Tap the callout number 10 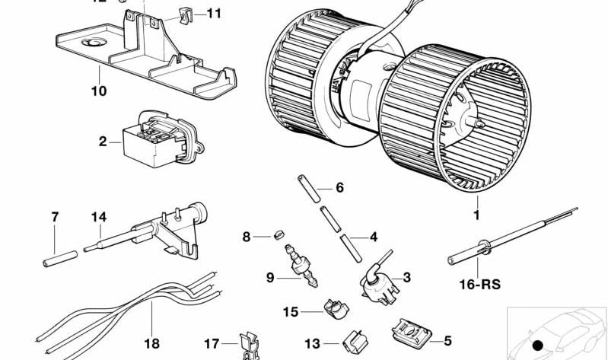click(x=99, y=91)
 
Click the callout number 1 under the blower click(x=477, y=215)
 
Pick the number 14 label click(x=99, y=217)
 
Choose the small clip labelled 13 click(x=354, y=342)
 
